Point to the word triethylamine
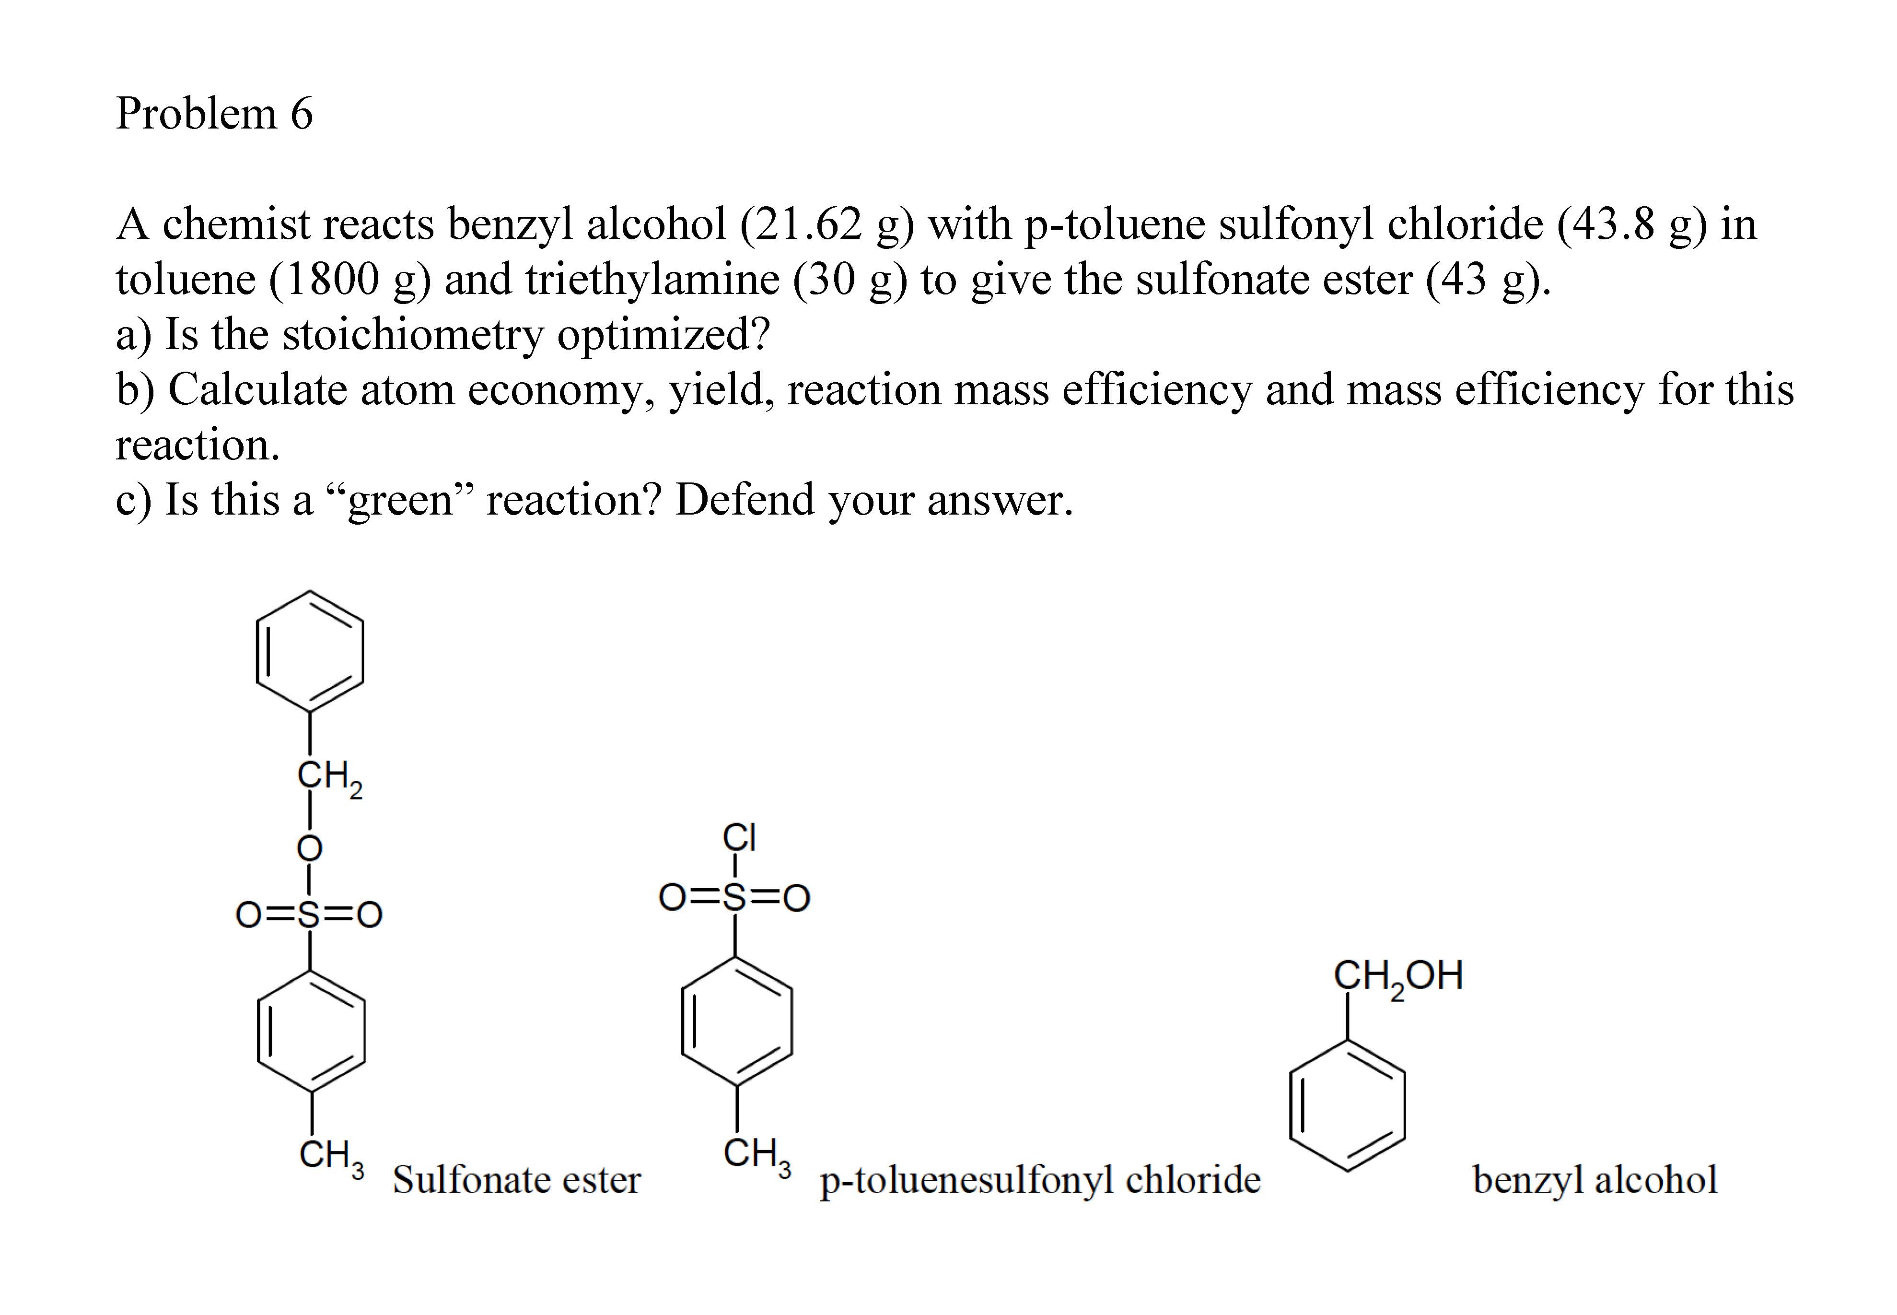pos(652,279)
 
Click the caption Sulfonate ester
pos(516,1179)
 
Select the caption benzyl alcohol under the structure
pos(1594,1179)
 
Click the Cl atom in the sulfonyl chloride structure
pos(739,837)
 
